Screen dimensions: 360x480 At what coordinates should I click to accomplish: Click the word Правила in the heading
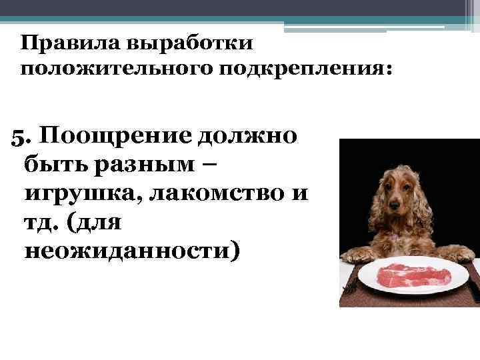(59, 44)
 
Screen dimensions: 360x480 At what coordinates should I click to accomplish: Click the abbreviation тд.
(42, 221)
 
